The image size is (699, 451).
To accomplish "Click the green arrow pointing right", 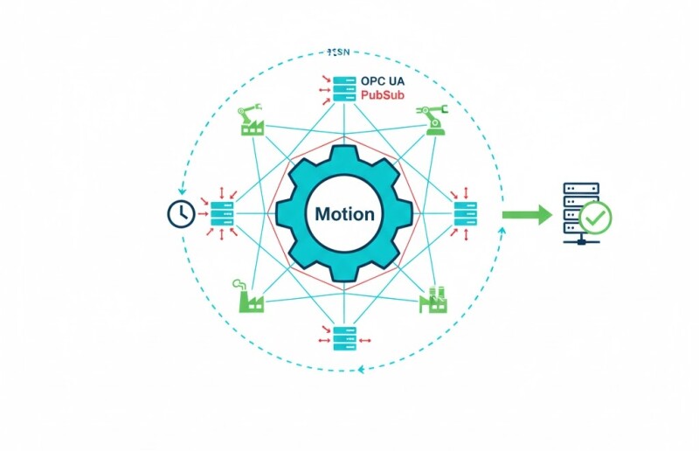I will coord(528,214).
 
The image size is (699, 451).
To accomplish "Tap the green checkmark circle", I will coord(597,218).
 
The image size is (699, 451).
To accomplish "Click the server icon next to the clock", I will coord(221,213).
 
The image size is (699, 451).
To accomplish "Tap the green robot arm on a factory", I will coord(252,121).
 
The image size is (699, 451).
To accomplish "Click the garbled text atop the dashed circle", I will coord(336,52).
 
